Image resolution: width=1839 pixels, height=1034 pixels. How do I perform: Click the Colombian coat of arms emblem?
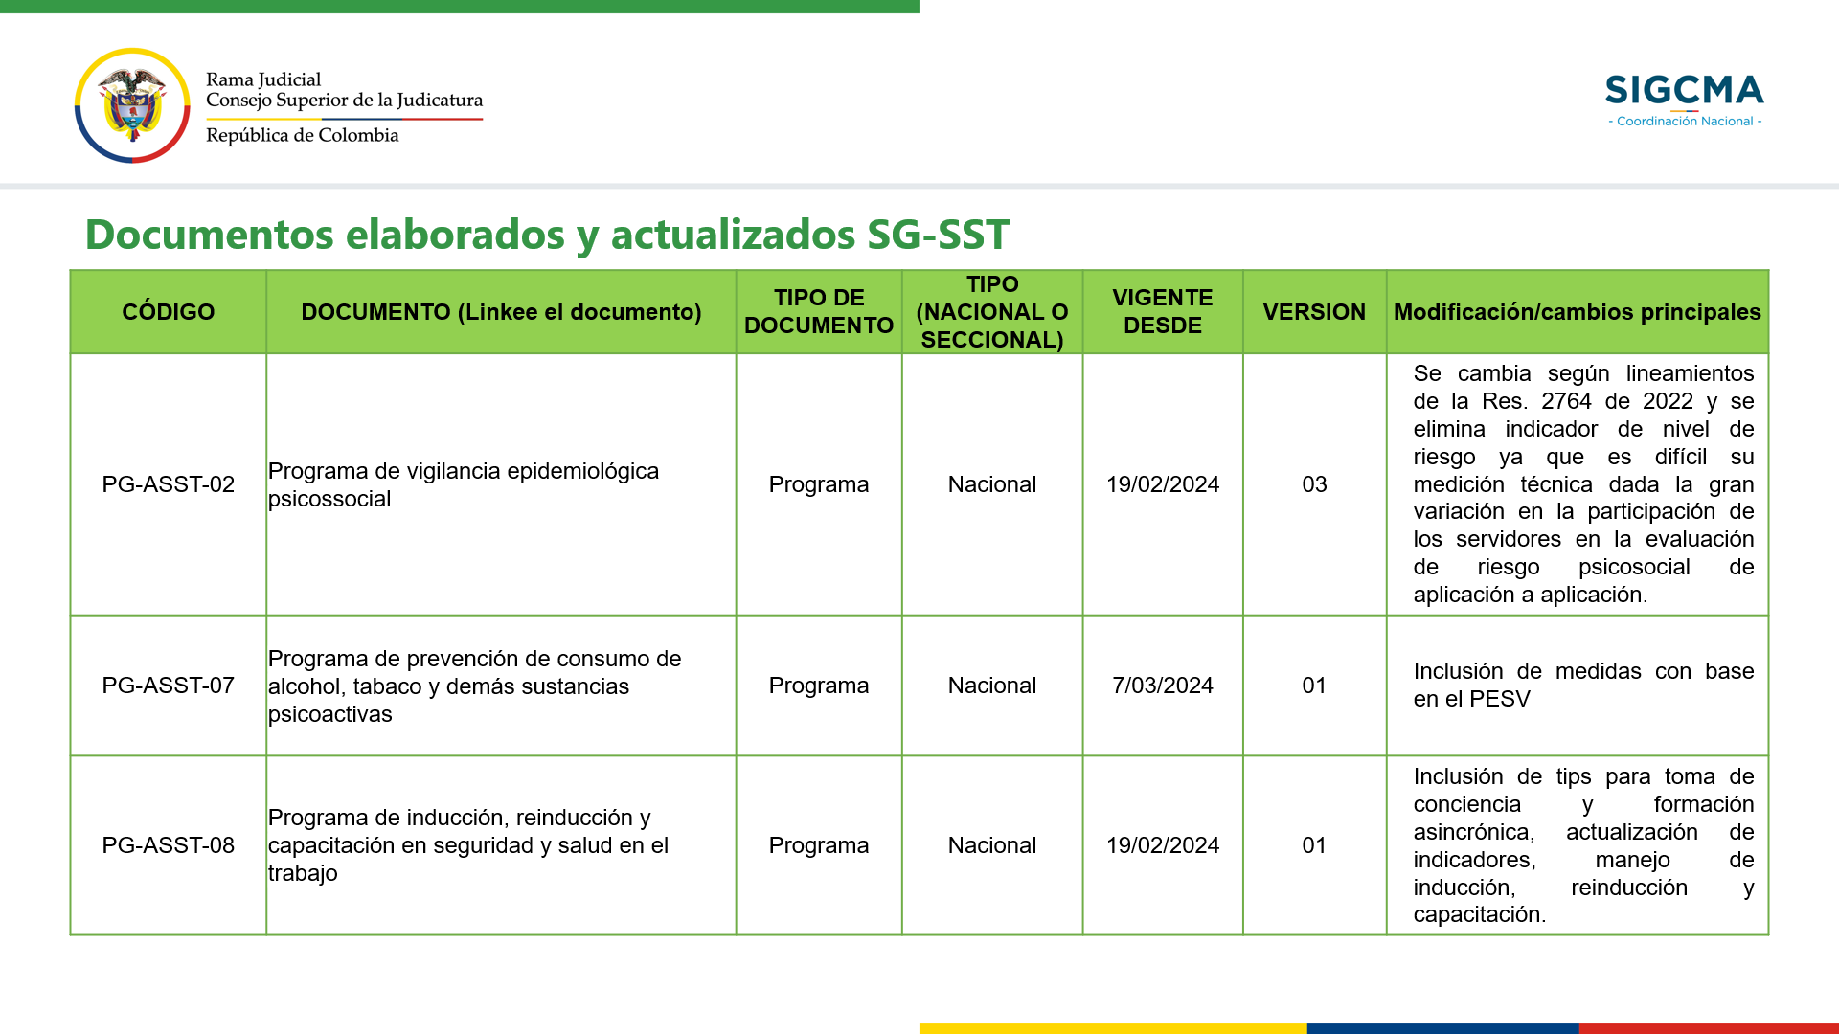tap(132, 105)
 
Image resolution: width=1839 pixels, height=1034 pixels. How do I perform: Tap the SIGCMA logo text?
tap(1685, 90)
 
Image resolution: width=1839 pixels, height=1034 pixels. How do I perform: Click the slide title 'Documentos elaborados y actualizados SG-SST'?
tap(547, 235)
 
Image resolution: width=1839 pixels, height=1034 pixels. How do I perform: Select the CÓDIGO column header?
tap(169, 312)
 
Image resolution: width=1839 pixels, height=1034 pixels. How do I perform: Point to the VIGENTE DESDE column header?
tap(1163, 312)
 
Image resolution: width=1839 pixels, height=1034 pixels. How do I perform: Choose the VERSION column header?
tap(1314, 312)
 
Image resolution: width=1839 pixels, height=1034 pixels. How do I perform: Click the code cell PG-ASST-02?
tap(169, 484)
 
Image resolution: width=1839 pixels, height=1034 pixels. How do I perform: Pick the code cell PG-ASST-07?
tap(169, 686)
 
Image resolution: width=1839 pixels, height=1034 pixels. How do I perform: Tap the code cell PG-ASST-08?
tap(169, 845)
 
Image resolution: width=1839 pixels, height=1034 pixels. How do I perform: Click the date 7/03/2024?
tap(1163, 686)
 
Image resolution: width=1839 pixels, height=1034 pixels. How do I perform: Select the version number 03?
tap(1314, 484)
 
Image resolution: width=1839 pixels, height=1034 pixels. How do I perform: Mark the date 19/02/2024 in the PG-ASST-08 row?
tap(1163, 845)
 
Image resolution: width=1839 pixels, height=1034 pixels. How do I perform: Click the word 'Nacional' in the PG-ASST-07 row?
tap(992, 686)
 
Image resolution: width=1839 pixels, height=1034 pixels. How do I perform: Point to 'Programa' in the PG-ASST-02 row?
tap(819, 484)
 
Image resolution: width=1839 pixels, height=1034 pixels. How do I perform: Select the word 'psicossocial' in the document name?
tap(329, 499)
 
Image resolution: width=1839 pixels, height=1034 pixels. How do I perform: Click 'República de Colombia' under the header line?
tap(303, 135)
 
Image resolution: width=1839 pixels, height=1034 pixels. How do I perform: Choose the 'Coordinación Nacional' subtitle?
tap(1685, 122)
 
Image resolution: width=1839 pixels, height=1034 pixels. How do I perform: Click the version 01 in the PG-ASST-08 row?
tap(1314, 845)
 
